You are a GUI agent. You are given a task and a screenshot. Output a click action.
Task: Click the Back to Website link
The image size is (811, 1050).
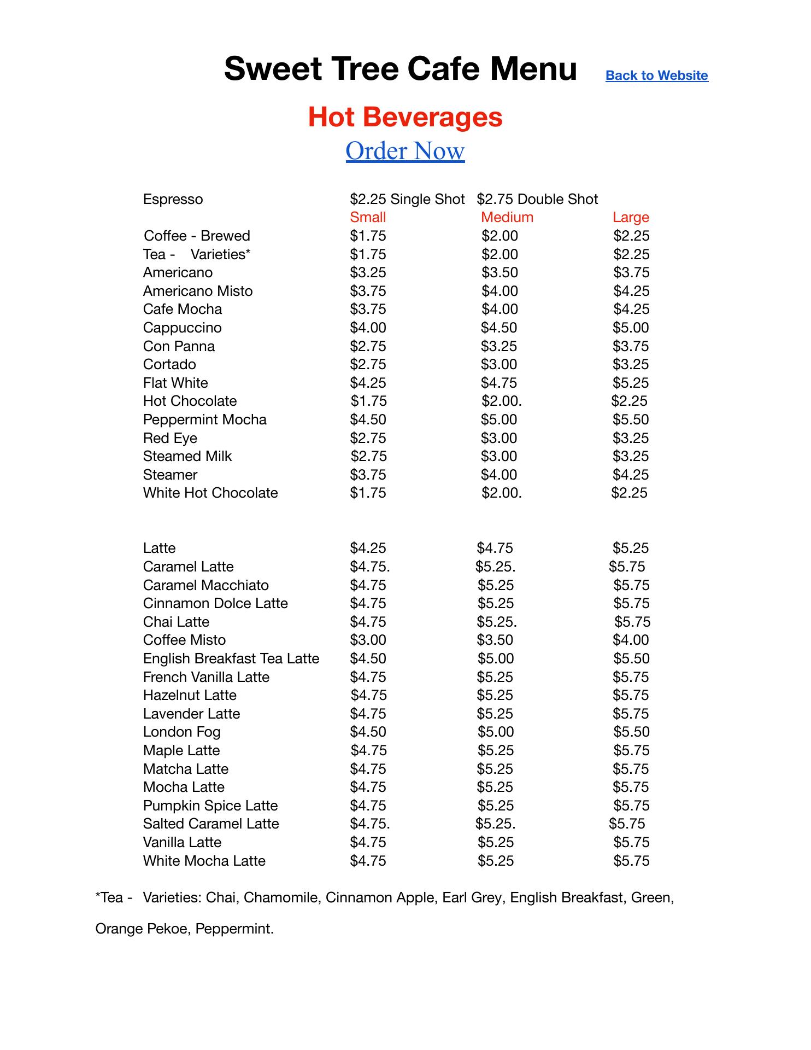[x=656, y=75]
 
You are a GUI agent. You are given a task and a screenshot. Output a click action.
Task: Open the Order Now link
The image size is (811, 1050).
[x=405, y=151]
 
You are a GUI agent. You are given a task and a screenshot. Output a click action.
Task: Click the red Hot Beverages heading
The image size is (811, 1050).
[x=405, y=117]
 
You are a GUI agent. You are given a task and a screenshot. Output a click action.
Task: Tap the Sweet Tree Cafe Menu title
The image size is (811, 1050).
[x=401, y=69]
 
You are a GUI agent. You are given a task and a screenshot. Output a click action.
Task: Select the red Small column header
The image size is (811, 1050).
[x=368, y=217]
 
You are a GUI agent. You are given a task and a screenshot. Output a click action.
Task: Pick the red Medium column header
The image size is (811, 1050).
[x=507, y=217]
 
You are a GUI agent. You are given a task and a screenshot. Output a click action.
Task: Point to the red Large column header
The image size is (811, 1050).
[x=631, y=217]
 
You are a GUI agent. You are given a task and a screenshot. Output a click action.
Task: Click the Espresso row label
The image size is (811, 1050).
[x=173, y=199]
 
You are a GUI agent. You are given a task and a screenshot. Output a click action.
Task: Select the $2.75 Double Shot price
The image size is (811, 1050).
[x=537, y=199]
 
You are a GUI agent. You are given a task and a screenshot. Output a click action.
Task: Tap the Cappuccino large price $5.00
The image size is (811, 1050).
[x=631, y=328]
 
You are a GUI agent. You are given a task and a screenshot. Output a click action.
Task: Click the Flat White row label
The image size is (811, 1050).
[x=175, y=383]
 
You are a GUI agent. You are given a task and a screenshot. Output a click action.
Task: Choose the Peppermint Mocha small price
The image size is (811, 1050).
[x=368, y=419]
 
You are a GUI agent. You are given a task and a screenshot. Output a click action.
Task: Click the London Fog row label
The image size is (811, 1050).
[x=181, y=732]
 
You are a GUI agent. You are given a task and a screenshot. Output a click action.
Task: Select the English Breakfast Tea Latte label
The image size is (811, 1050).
[x=231, y=658]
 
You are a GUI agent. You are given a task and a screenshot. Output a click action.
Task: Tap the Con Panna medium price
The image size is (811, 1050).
[x=499, y=346]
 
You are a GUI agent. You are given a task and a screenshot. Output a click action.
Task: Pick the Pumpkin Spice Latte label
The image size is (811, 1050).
[x=210, y=806]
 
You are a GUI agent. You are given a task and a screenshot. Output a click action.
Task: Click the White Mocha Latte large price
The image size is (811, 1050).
[x=631, y=861]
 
